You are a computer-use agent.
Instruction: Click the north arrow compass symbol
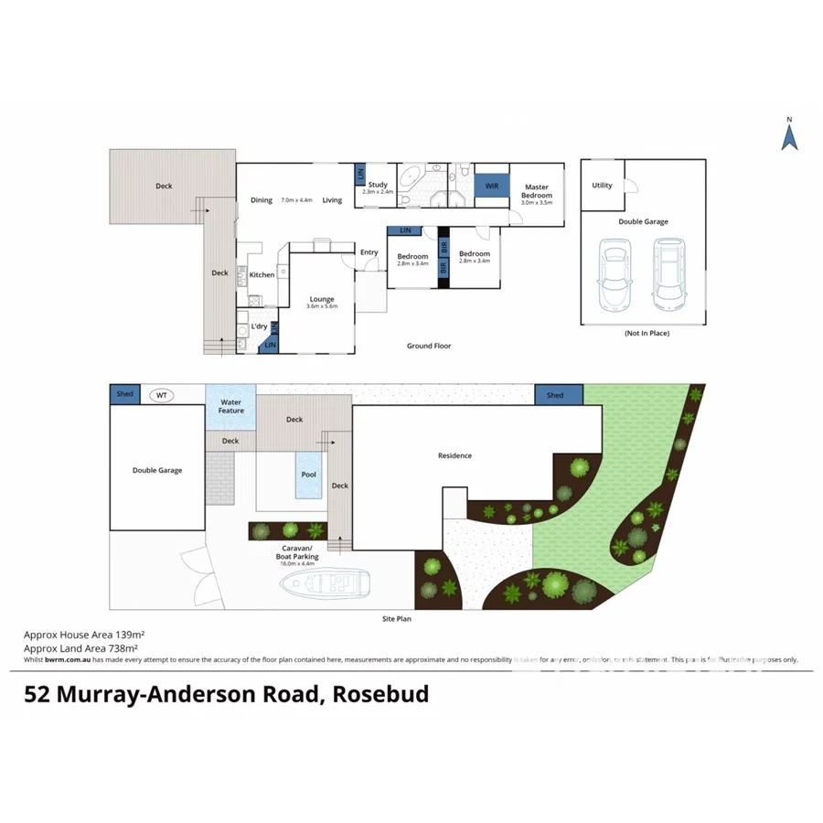tap(790, 135)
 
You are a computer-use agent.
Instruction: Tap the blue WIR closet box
tap(492, 187)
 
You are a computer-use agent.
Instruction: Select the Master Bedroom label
tap(537, 191)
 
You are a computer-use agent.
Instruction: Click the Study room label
tap(377, 187)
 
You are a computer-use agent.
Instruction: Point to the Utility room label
tap(602, 186)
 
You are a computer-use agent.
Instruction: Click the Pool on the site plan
tap(309, 475)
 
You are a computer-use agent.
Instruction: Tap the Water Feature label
tap(231, 405)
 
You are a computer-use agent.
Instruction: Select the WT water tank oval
tap(162, 395)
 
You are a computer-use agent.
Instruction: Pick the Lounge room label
tap(322, 300)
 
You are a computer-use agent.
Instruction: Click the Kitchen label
tap(262, 274)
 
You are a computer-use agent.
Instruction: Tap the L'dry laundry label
tap(260, 326)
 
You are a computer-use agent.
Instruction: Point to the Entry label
tap(369, 253)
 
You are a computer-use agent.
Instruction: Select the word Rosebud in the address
tap(380, 694)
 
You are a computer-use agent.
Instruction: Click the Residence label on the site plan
tap(454, 455)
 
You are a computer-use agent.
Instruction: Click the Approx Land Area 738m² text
tap(85, 647)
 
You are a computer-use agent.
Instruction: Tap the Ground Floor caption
tap(429, 347)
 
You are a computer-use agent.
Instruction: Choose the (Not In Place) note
tap(647, 334)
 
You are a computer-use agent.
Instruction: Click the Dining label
tap(262, 200)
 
